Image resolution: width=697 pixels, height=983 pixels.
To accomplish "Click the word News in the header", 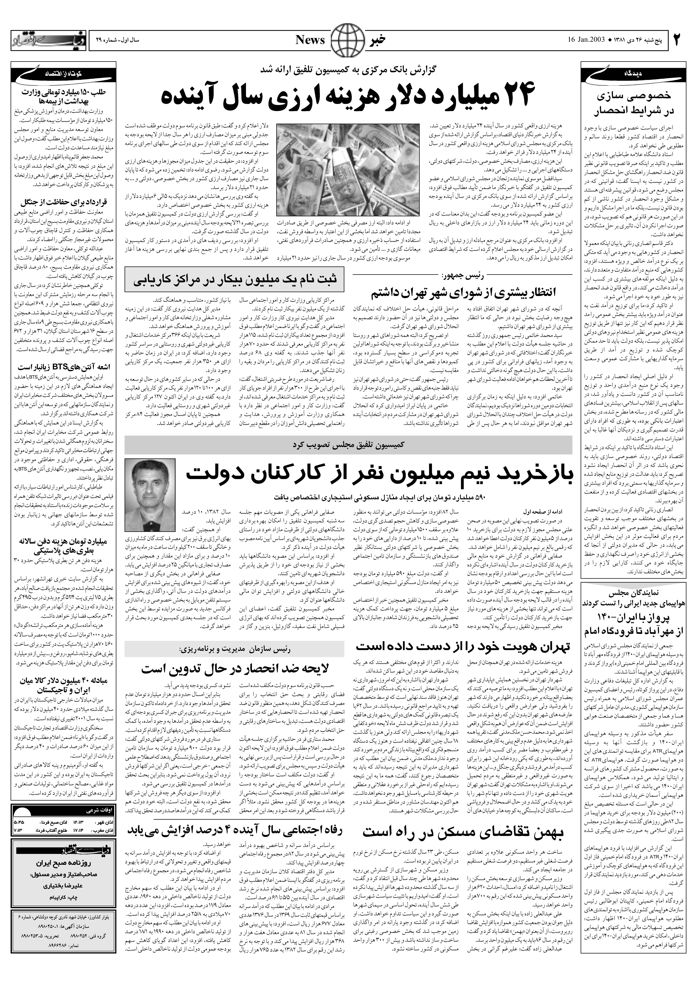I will (310, 40).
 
